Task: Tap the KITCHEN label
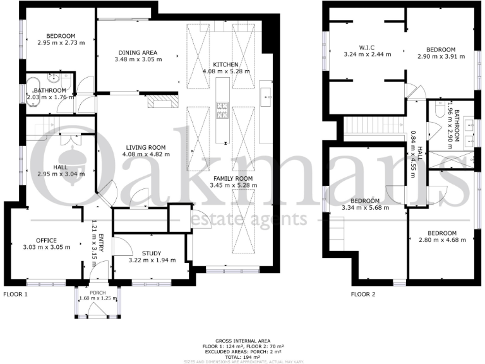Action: tap(225, 65)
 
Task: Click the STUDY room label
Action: tap(152, 253)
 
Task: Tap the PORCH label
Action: tap(98, 293)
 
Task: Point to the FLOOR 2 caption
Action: tap(363, 294)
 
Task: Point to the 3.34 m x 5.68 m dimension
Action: tap(365, 207)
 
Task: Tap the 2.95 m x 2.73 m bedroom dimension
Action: tap(56, 43)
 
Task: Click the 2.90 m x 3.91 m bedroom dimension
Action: tap(440, 57)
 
